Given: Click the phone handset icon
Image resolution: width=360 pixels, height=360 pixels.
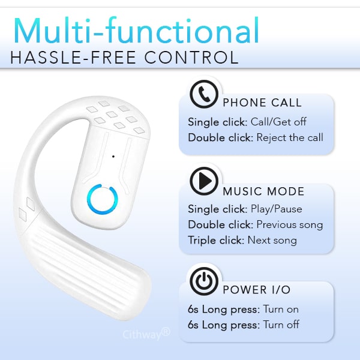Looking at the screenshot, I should [x=203, y=94].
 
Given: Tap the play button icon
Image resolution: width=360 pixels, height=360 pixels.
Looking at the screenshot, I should [x=203, y=179].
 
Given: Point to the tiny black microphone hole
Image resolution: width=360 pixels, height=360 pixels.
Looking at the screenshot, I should [x=113, y=157].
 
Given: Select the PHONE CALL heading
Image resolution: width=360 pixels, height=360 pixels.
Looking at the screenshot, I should [x=262, y=103].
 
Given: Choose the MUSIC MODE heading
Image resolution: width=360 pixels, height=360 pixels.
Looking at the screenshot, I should [x=263, y=192].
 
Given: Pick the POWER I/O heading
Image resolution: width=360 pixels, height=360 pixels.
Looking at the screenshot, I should [x=257, y=290].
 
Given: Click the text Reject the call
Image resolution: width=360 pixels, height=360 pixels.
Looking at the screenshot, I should [x=290, y=137].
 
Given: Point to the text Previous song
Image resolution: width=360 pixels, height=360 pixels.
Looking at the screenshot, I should [x=290, y=225].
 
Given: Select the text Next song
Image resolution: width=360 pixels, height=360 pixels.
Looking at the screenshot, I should [x=277, y=241].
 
